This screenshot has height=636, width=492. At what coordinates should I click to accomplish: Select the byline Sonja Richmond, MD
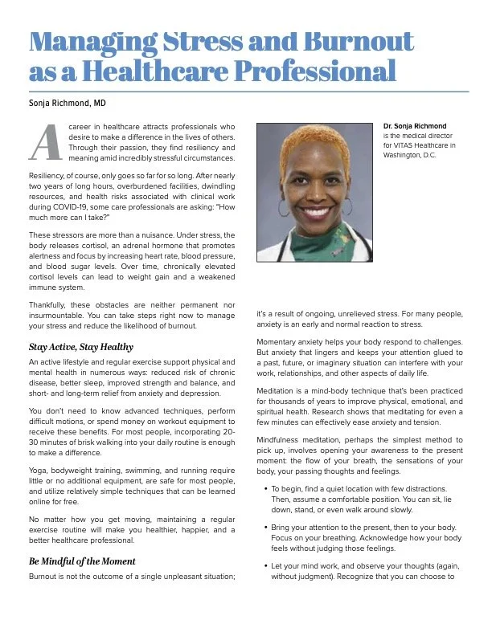point(68,104)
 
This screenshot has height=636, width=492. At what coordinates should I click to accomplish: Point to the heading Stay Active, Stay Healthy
point(80,348)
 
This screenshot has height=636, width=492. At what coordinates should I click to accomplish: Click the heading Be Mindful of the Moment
point(82,561)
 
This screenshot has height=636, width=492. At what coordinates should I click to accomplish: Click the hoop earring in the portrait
point(284,208)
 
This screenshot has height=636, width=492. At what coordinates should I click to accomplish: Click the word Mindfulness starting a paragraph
point(282,440)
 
